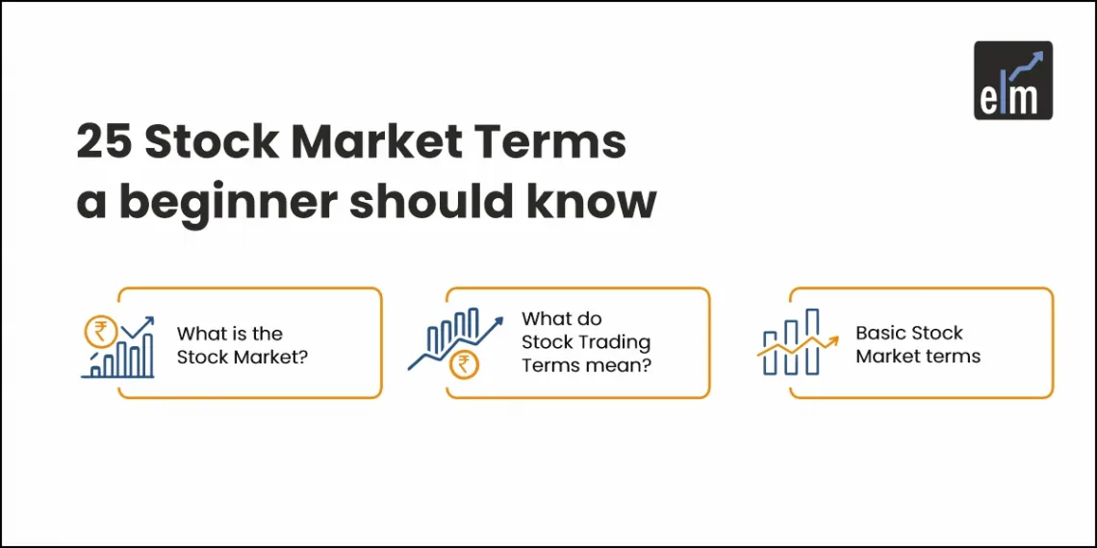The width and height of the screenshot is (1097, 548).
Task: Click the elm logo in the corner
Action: click(1012, 80)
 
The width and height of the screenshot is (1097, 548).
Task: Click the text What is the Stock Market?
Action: click(229, 345)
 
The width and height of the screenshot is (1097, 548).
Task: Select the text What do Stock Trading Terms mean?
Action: click(586, 341)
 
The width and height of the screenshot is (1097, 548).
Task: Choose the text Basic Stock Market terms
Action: click(917, 344)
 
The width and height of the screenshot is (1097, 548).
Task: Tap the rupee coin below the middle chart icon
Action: click(464, 364)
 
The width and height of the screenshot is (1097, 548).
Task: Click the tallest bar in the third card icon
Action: click(812, 340)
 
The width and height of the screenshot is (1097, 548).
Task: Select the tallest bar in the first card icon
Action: click(148, 355)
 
